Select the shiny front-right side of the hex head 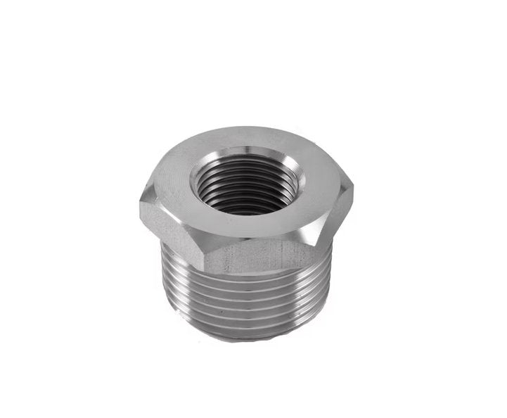pos(330,225)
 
